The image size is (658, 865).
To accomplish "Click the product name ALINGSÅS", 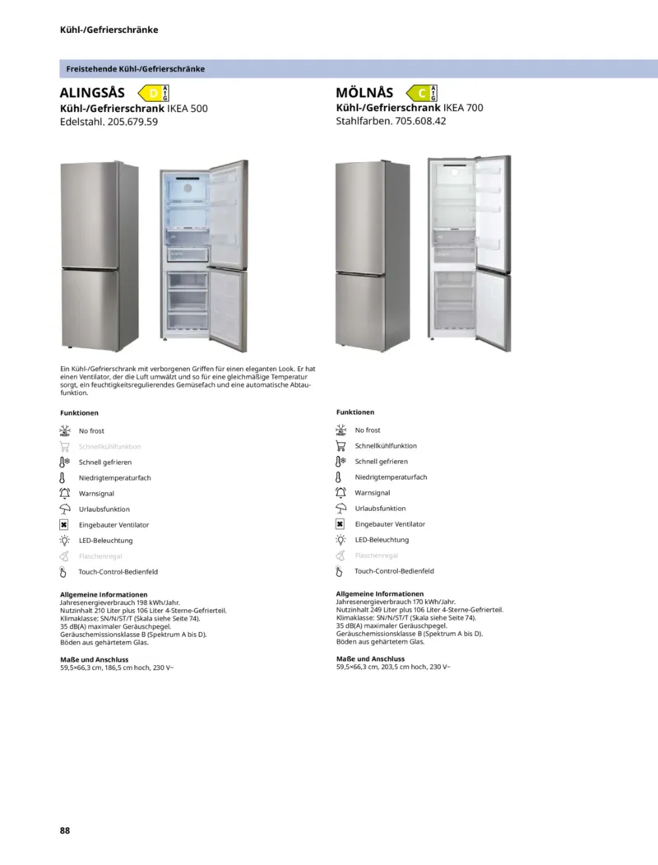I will tap(92, 93).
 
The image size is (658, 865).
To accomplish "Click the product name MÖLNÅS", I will tap(364, 93).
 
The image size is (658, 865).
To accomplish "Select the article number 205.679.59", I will tap(132, 122).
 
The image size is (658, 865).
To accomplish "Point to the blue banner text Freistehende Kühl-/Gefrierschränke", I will tap(136, 69).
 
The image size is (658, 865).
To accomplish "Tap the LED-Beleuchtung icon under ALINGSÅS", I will tap(65, 541).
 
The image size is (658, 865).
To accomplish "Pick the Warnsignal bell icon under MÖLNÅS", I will tap(341, 493).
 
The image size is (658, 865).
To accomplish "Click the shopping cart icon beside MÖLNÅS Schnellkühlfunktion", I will tap(341, 446).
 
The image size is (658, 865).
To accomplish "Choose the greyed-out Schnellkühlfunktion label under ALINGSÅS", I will tap(109, 447).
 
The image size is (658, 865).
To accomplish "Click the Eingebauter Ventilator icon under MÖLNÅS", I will tap(341, 524).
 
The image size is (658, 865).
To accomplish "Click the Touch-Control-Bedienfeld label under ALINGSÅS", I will tap(118, 572).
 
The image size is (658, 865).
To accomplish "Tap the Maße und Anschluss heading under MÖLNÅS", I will tap(370, 658).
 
